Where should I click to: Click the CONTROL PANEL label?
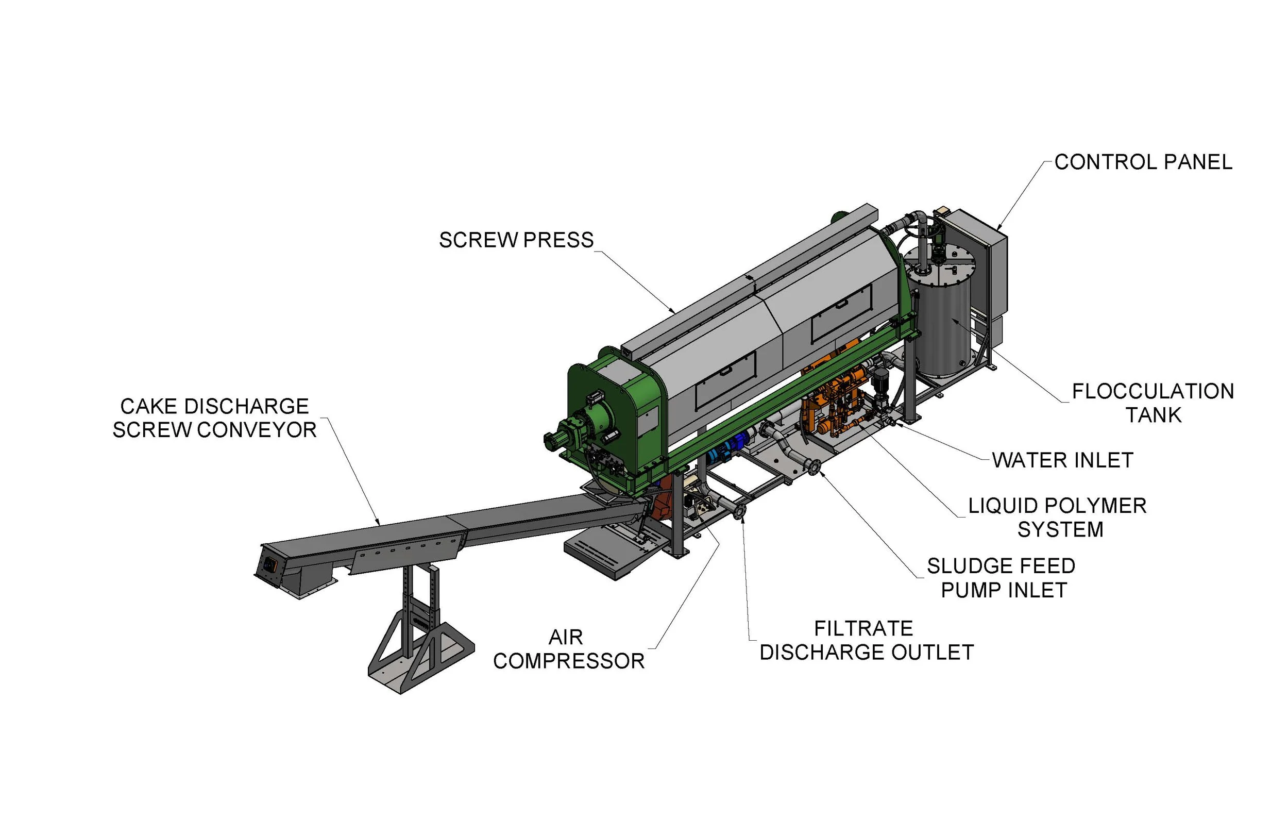coord(1143,162)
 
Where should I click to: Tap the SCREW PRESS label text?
coord(516,240)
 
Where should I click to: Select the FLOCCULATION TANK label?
coord(1153,403)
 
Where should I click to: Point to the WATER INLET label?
coord(1062,460)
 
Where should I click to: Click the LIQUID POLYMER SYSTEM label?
coord(1057,517)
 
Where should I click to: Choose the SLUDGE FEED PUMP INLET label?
coord(1001,578)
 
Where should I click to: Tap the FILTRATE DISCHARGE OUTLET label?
coord(866,640)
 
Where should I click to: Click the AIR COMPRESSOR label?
coord(568,649)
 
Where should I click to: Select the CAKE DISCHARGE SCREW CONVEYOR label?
coord(214,418)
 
